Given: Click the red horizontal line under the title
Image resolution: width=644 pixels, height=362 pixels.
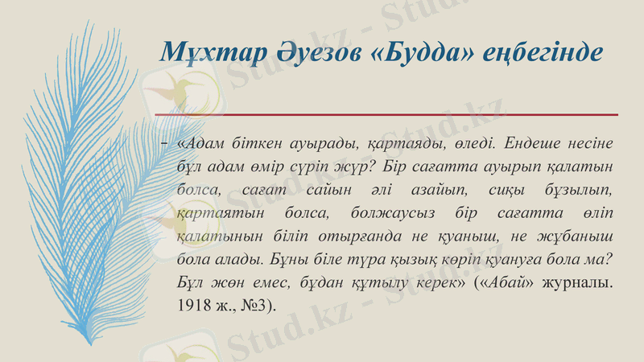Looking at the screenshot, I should [386, 115].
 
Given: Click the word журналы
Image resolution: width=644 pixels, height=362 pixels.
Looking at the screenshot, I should [579, 284].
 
